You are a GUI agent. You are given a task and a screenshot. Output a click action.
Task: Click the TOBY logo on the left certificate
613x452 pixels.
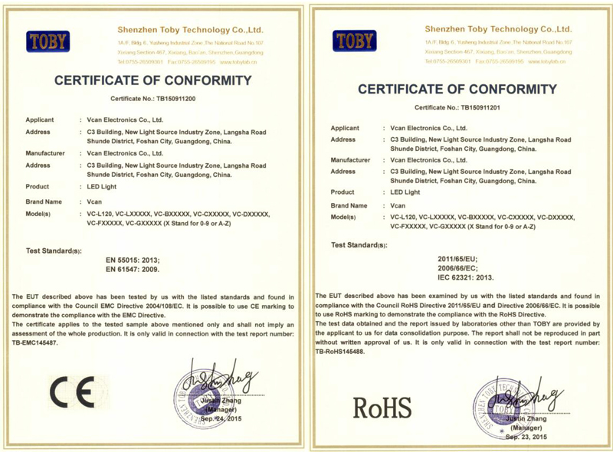[48, 41]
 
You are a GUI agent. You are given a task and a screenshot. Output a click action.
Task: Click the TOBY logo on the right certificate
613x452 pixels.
[354, 41]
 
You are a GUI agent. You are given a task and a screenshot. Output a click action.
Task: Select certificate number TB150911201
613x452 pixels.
[479, 107]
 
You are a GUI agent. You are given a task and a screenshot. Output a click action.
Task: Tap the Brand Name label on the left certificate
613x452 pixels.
[44, 201]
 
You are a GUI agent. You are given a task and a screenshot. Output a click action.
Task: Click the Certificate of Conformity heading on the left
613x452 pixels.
[153, 80]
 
